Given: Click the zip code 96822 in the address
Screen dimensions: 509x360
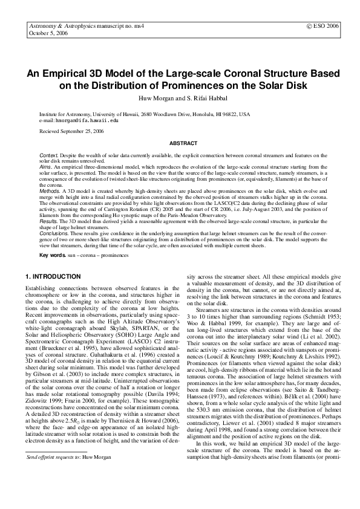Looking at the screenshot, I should (217, 114).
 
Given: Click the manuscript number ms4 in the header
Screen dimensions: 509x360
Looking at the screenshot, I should (143, 27).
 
